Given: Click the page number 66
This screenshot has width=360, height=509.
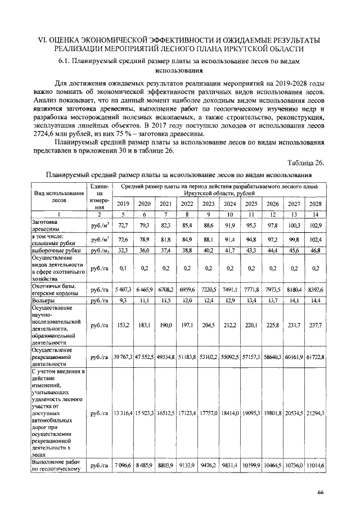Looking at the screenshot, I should (320, 493).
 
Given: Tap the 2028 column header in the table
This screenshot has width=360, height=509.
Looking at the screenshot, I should (315, 204).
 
